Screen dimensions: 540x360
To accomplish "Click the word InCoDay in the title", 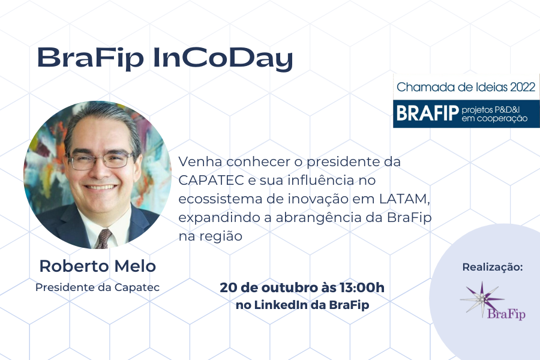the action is point(223,58).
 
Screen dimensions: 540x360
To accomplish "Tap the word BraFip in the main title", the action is point(90,58).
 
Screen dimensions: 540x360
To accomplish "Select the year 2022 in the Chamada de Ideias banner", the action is point(523,87).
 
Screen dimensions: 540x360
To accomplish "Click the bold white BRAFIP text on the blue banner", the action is point(428,113).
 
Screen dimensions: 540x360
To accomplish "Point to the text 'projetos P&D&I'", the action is point(490,110).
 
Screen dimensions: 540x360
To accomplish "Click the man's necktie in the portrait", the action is point(103,239).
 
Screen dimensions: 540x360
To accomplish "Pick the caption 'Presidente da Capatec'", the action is point(97,287).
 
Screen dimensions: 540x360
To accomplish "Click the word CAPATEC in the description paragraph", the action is point(211,180).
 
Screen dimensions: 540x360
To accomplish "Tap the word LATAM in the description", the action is point(404,199).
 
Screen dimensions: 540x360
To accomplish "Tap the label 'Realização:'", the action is point(493,267).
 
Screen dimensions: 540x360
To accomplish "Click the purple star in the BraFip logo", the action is point(482,299).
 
